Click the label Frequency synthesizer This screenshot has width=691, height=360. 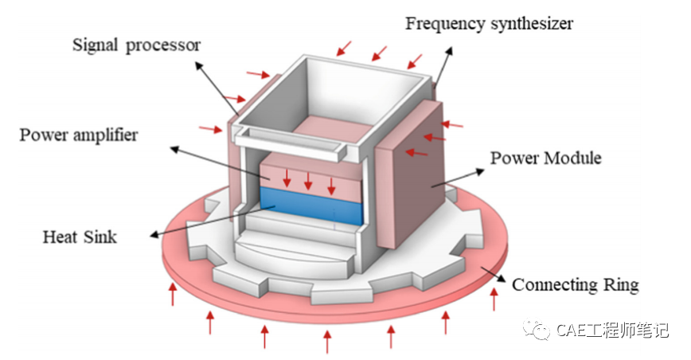point(489,22)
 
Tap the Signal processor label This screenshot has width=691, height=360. point(136,45)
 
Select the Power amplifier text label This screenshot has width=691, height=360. point(78,135)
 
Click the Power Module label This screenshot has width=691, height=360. point(545,158)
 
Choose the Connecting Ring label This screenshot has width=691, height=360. point(575,284)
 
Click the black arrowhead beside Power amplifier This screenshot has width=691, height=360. point(172,148)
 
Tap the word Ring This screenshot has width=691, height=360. point(622,284)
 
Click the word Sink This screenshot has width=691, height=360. point(99,237)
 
